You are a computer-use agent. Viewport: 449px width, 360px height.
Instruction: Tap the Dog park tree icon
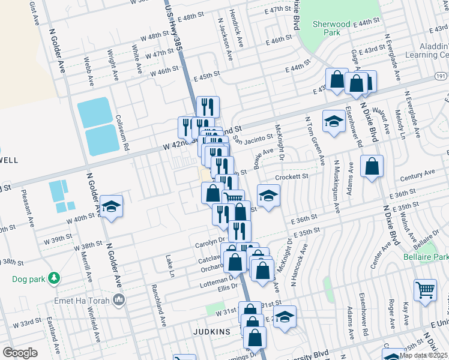pos(54,278)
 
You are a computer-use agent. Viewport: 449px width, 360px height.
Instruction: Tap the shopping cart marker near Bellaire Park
pos(425,290)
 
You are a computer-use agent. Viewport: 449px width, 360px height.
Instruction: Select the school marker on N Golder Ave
pos(111,206)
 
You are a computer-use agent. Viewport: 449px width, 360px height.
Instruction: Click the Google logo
pos(20,352)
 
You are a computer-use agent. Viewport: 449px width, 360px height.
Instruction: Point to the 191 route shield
pos(441,77)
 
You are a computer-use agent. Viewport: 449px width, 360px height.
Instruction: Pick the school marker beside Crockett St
pos(269,195)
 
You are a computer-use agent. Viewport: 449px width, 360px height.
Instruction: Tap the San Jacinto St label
pos(253,140)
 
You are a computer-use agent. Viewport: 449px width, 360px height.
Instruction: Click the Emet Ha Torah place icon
pos(119,299)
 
